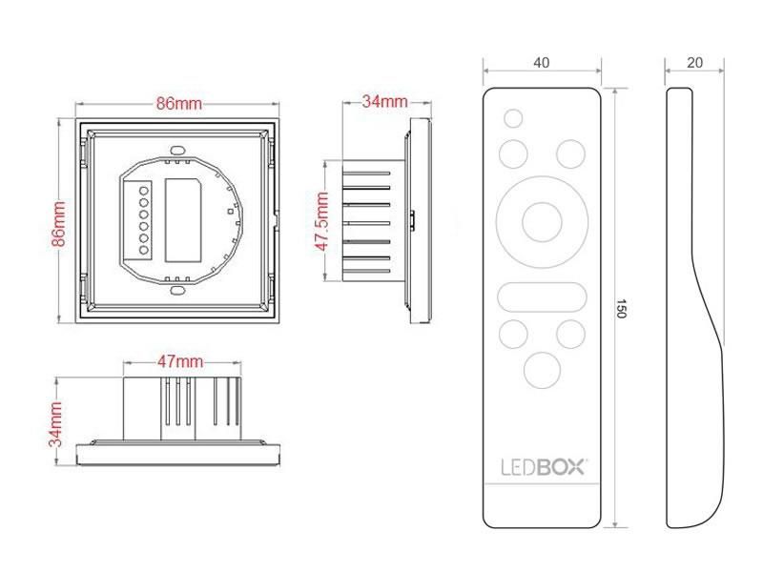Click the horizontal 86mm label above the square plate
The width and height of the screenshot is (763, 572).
(178, 104)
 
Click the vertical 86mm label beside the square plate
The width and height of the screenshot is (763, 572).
(58, 224)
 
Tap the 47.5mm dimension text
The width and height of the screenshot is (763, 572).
(321, 221)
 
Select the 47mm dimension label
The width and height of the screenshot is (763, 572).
(180, 361)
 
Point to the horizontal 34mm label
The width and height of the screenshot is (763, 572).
(384, 101)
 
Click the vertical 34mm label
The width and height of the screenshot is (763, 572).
(55, 424)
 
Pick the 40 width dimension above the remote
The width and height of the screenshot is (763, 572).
(541, 63)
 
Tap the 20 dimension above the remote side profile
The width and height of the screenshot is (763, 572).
(695, 63)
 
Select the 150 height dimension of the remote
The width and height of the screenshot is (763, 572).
(621, 309)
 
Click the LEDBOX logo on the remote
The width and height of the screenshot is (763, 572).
(544, 467)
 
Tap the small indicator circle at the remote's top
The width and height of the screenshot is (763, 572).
(513, 118)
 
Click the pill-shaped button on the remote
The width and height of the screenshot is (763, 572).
(542, 296)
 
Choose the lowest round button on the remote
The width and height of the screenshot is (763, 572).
(542, 370)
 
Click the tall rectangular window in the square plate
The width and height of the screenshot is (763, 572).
(183, 220)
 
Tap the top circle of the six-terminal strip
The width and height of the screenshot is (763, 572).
(144, 190)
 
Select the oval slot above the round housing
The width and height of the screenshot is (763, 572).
(177, 149)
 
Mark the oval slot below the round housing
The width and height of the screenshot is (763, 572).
(177, 291)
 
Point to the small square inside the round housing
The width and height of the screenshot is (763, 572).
(230, 212)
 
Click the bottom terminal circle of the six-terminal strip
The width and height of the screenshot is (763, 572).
(144, 251)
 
